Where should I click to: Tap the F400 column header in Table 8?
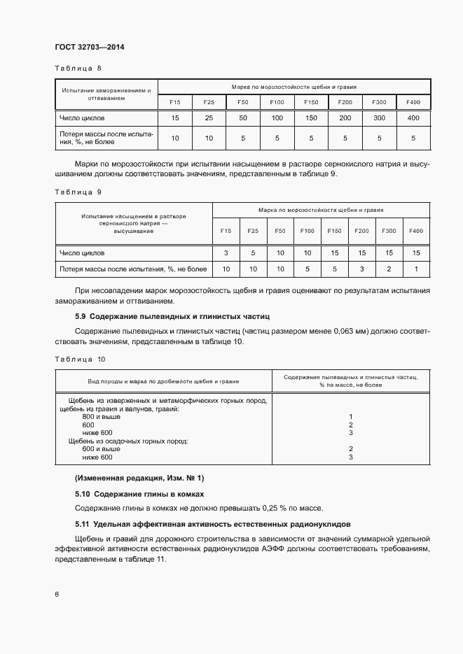point(413,103)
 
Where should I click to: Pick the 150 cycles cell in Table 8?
point(311,118)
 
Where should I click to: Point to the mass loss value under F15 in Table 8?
point(175,138)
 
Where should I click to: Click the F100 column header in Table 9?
point(307,231)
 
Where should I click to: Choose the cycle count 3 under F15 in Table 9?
point(226,253)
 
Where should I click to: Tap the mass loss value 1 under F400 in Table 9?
point(416,269)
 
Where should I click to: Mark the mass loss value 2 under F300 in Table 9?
point(389,269)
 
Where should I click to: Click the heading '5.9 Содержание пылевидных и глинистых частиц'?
point(172,317)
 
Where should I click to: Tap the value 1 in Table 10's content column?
point(350,417)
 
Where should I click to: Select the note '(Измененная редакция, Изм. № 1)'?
point(139,478)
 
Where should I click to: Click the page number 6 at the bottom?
point(57,593)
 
